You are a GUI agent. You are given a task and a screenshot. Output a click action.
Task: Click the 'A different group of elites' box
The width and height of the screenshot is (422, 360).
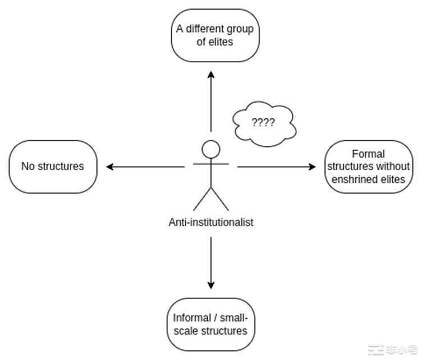point(215,35)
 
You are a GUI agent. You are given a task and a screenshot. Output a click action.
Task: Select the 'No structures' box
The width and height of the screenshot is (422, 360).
point(53,167)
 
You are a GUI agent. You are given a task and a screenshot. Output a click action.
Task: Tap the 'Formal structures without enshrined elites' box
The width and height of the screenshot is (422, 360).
point(369,167)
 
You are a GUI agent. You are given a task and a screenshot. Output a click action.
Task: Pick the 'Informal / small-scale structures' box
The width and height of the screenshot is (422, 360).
point(210,324)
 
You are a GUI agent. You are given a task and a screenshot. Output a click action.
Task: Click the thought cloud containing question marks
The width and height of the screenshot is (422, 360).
point(264,123)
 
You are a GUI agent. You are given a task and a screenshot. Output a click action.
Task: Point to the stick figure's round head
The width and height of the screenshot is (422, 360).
point(211,149)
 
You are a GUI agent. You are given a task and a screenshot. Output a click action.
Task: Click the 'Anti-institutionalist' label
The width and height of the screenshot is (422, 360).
point(211,222)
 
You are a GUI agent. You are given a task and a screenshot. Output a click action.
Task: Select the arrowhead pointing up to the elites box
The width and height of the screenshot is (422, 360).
point(211,75)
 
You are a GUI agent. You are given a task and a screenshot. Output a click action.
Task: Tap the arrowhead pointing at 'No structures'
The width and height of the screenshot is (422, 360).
point(110,167)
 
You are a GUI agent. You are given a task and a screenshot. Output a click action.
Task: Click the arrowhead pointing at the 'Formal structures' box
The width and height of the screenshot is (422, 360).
point(313,167)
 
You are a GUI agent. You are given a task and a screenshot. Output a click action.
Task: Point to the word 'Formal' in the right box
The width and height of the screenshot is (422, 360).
point(368,154)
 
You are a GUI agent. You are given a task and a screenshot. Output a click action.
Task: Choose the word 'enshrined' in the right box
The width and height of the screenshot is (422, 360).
point(356,179)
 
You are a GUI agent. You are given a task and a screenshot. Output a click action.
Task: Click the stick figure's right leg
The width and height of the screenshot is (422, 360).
point(220,199)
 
